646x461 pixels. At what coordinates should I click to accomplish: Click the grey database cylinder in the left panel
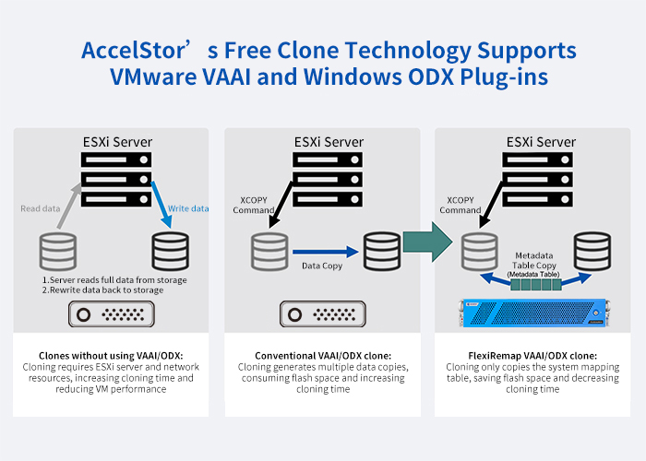click(57, 251)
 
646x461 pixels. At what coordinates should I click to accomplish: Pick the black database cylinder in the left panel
click(170, 251)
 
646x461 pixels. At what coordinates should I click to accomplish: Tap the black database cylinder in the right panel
click(592, 250)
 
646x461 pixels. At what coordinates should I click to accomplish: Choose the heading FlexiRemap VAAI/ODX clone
click(532, 355)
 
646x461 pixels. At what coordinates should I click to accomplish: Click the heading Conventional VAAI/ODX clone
click(323, 355)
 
